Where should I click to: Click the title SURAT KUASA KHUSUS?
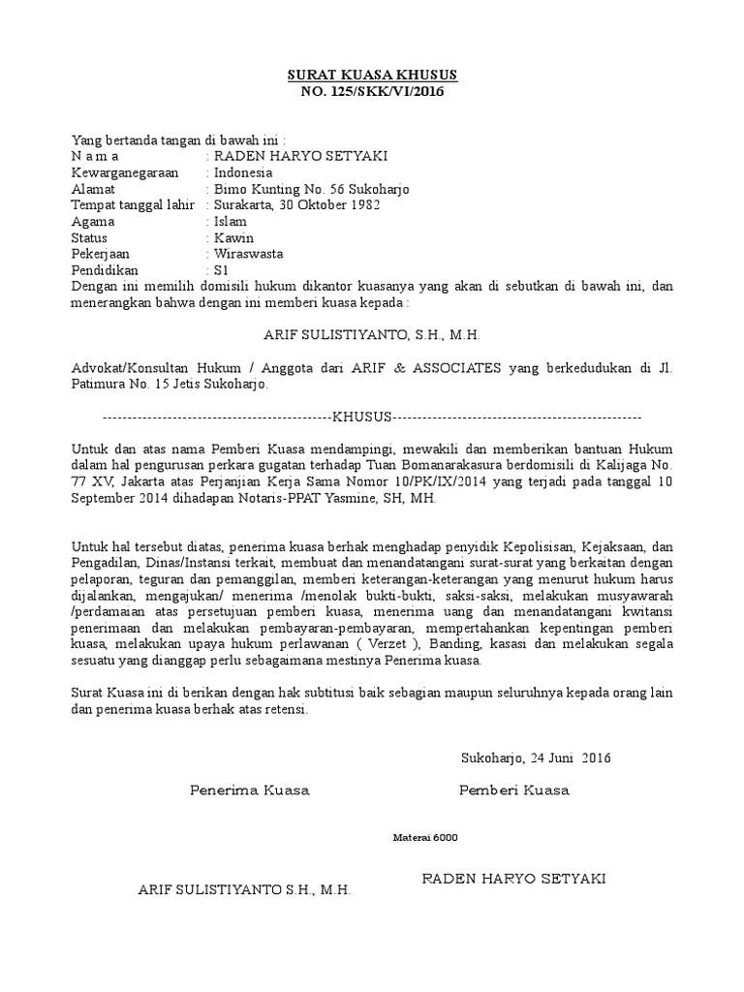coord(372,75)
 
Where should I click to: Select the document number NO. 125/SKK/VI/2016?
coord(372,91)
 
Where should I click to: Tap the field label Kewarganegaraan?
coord(120,172)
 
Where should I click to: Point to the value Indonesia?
coord(243,172)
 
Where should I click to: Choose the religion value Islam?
coord(230,222)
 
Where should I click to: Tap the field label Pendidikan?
coord(106,270)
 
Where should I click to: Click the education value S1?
coord(222,270)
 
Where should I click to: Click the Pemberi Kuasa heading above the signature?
coord(513,790)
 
